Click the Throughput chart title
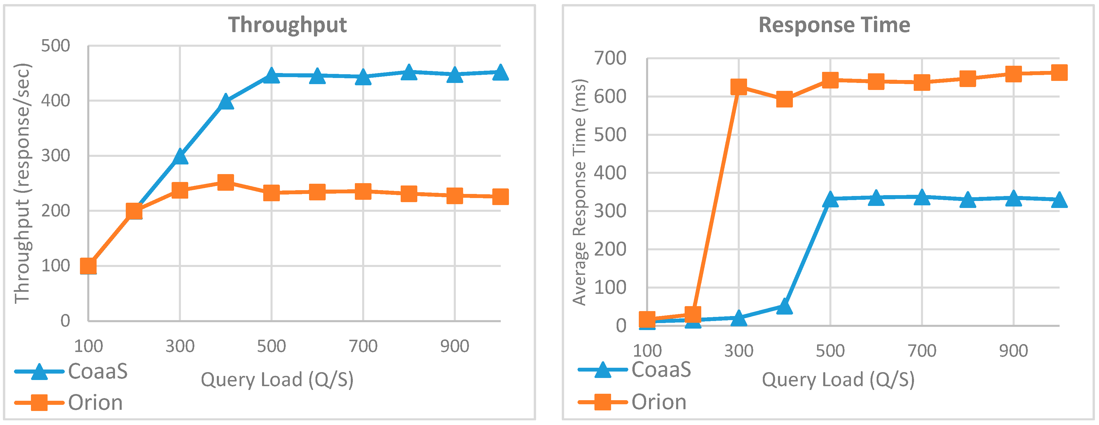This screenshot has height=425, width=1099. (x=287, y=25)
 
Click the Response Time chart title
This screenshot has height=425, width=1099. (x=834, y=25)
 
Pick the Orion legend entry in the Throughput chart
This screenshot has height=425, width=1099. (x=95, y=402)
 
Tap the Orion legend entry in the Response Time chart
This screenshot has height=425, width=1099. (x=659, y=402)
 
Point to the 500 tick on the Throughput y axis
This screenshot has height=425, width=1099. (x=55, y=46)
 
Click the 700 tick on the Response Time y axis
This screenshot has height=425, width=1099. (x=610, y=58)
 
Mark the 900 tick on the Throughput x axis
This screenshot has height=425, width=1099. (x=454, y=346)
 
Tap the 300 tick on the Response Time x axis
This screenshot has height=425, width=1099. (x=739, y=351)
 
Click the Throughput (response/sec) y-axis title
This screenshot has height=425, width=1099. (x=22, y=184)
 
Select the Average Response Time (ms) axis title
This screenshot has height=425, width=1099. (x=579, y=192)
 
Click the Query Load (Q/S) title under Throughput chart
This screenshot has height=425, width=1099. (x=277, y=379)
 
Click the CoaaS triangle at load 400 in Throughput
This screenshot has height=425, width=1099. (x=226, y=102)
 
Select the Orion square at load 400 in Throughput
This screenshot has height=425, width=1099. (x=226, y=182)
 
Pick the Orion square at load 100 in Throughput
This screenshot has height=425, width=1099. (x=88, y=266)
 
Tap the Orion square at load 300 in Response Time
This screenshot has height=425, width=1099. (x=739, y=87)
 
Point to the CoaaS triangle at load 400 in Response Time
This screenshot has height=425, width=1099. (x=784, y=306)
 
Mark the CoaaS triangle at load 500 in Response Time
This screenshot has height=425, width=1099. (x=830, y=199)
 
